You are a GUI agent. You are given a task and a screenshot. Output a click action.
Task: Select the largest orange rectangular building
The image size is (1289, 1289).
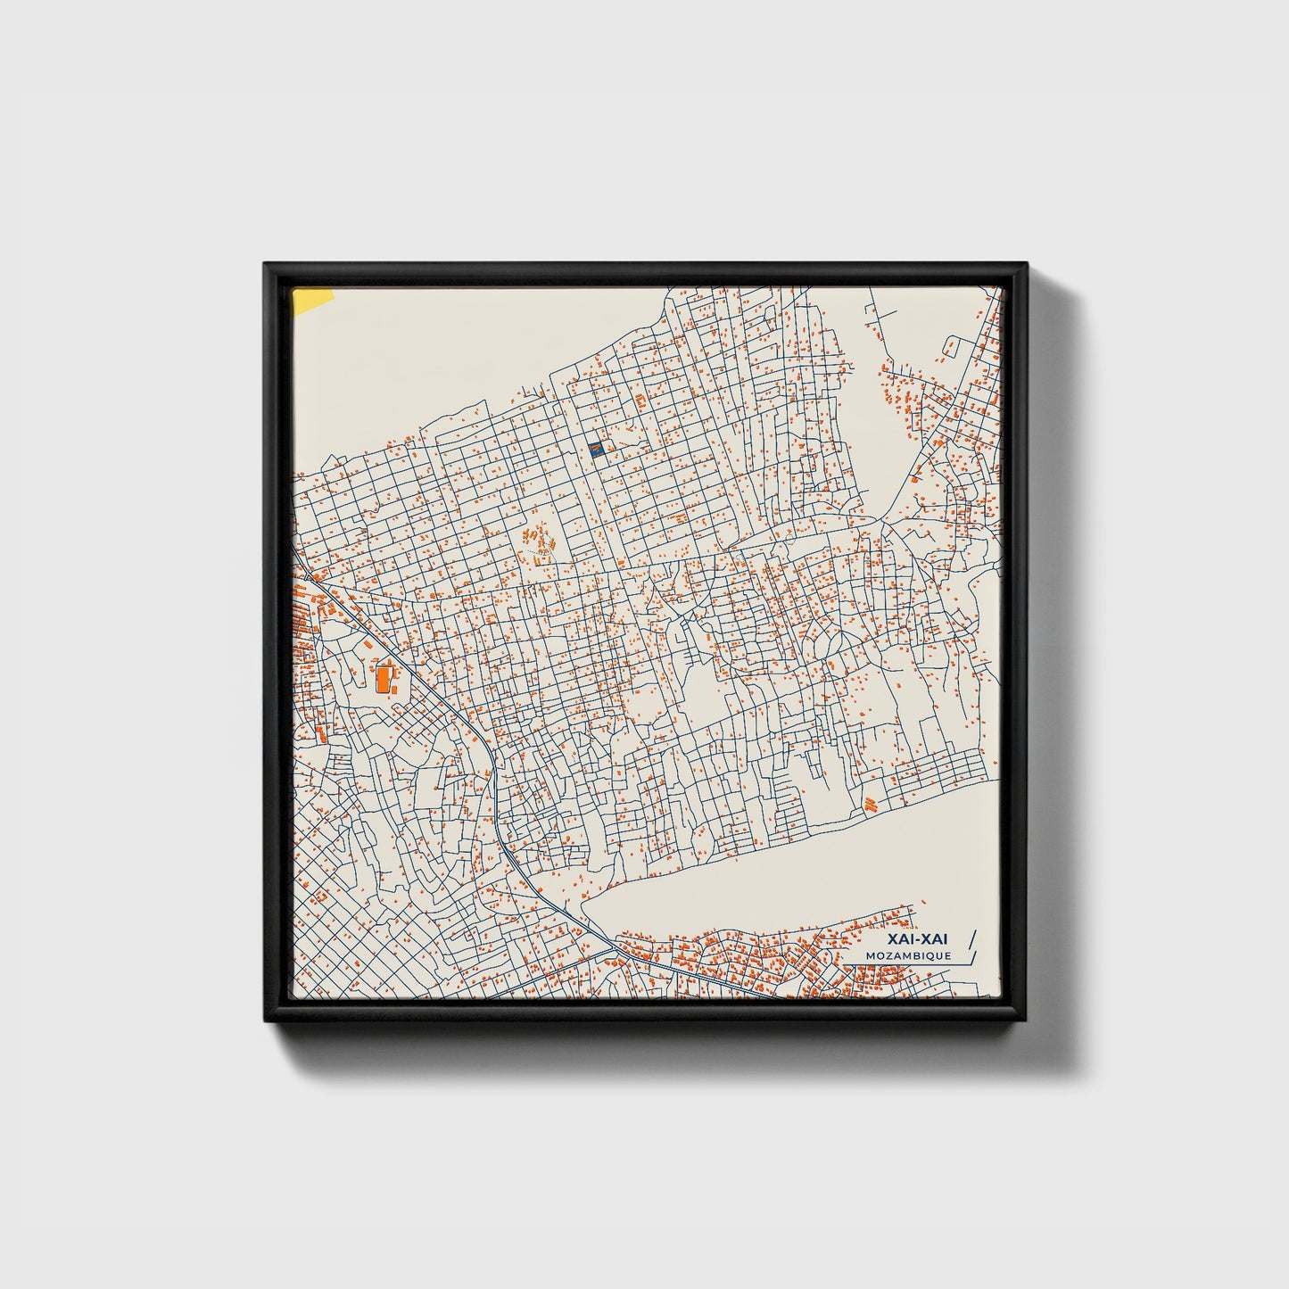pyautogui.click(x=383, y=678)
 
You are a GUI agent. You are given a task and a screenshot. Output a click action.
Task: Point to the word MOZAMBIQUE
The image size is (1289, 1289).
pyautogui.click(x=908, y=955)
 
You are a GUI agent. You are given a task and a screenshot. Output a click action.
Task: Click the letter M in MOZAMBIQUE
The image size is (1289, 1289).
pyautogui.click(x=870, y=955)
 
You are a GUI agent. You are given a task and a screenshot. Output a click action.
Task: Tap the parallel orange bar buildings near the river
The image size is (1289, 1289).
pyautogui.click(x=871, y=805)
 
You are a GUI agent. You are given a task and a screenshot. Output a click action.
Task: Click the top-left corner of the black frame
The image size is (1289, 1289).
pyautogui.click(x=265, y=263)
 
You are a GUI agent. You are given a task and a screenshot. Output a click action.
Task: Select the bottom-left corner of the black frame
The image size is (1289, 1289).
pyautogui.click(x=265, y=1025)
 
